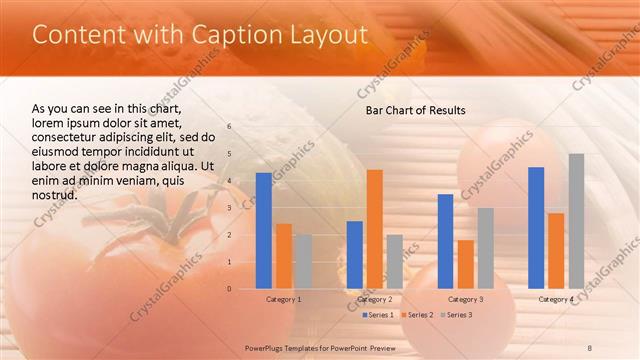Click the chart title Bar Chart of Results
415,109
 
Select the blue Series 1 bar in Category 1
263,230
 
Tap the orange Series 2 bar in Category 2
374,229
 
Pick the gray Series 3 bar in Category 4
576,221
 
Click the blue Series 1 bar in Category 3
445,241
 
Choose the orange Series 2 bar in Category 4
556,250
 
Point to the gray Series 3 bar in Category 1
303,261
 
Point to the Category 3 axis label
465,299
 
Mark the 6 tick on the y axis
229,127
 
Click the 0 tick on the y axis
229,289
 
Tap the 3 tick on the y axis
229,208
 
